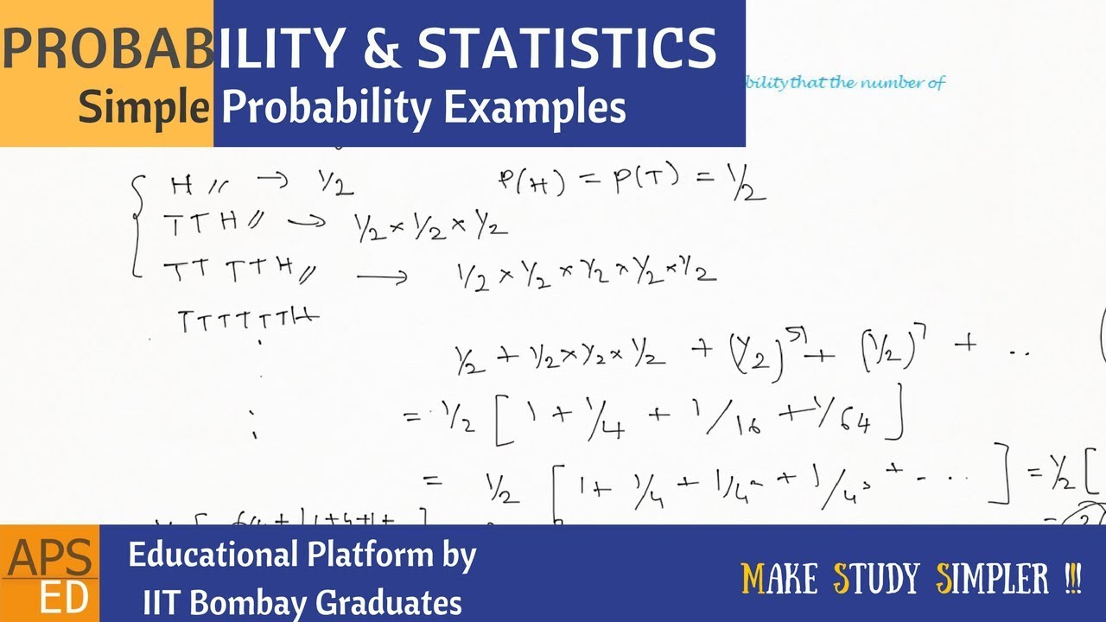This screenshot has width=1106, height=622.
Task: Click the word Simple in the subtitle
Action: [x=144, y=109]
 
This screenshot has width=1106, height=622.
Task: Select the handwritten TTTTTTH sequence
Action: [x=248, y=321]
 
